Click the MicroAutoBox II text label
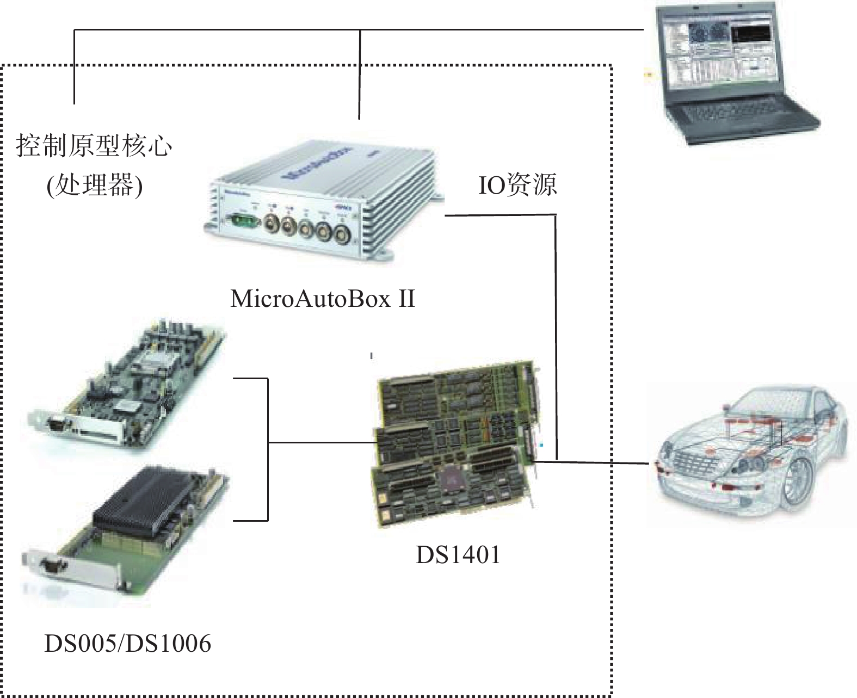[x=323, y=299]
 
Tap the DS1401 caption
[x=458, y=555]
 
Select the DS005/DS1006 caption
[x=127, y=644]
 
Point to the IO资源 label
[x=517, y=186]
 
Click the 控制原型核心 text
[x=94, y=146]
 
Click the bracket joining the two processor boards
[x=267, y=449]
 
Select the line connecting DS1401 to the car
[x=593, y=462]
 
